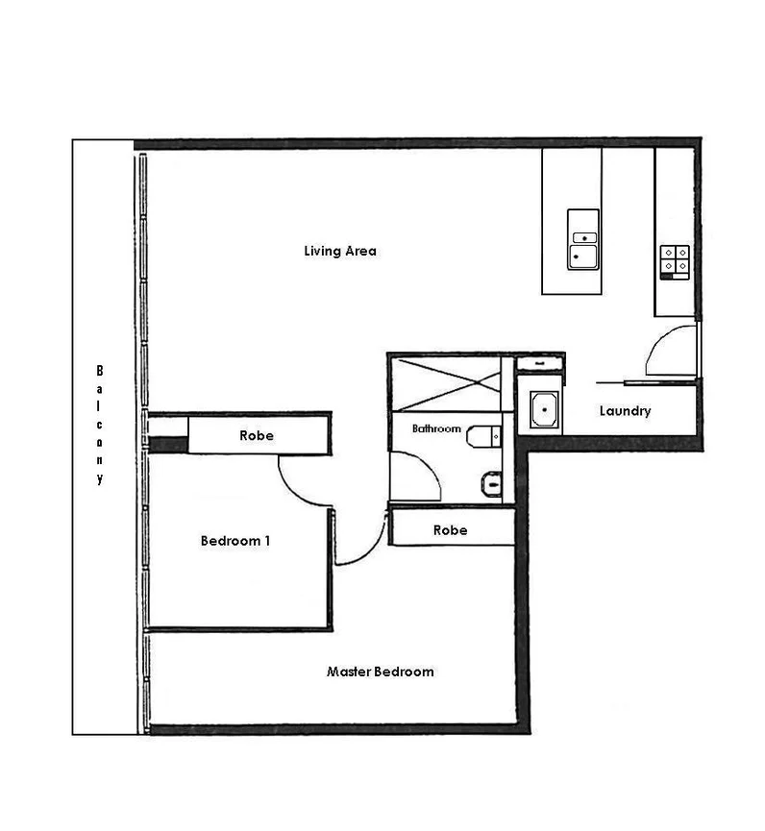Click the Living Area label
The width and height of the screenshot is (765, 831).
click(x=339, y=252)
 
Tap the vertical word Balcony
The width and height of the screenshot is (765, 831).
click(x=99, y=424)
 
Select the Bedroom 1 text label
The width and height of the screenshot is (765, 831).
click(x=234, y=541)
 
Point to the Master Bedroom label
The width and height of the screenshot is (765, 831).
click(x=380, y=672)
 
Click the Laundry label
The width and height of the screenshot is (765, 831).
click(x=625, y=411)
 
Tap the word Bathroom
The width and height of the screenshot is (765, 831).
click(x=436, y=428)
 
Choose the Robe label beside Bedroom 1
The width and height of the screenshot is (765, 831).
click(x=256, y=436)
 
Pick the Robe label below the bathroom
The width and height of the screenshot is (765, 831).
click(x=450, y=529)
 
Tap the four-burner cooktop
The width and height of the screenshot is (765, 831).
click(x=675, y=257)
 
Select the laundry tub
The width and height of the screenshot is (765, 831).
click(x=545, y=411)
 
